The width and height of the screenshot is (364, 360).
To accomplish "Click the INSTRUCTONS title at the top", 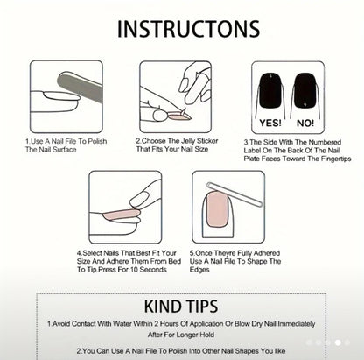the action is (188, 29).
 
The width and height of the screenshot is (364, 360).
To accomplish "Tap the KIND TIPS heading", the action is (181, 307).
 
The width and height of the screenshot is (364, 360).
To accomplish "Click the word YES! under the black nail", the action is (270, 123).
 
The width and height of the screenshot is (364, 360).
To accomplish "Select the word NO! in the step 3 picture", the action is (305, 123).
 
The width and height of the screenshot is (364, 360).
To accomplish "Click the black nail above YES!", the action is (270, 90).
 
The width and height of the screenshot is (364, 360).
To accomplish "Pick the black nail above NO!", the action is (305, 90).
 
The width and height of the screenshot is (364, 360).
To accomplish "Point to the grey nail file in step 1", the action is (80, 86).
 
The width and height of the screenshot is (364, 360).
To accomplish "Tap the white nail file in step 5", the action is (234, 194).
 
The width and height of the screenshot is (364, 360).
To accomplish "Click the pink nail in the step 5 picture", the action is (218, 209).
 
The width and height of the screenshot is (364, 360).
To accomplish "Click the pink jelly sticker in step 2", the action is (179, 117).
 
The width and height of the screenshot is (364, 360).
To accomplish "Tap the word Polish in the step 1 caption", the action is (97, 141).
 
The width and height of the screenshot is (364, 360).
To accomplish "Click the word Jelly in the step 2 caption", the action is (188, 141).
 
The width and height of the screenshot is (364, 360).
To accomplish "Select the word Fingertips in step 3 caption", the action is (336, 159).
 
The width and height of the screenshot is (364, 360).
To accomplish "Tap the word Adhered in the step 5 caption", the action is (268, 253).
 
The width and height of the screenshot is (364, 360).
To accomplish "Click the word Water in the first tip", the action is (122, 324).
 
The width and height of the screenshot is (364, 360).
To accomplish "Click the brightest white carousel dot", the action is (338, 342).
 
